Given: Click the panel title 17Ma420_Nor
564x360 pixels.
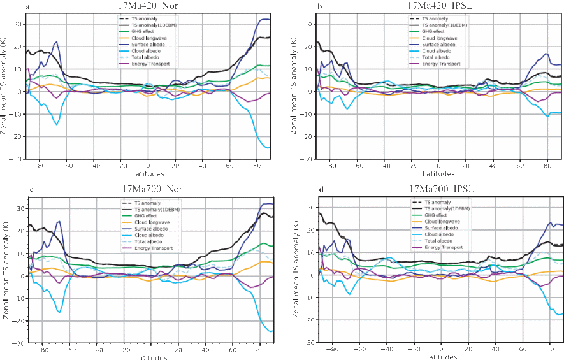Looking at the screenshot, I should tap(148, 6).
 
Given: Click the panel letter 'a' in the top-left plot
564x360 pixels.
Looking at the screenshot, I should tap(27, 6).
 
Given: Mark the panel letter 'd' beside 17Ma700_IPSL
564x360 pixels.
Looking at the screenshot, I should tap(321, 190).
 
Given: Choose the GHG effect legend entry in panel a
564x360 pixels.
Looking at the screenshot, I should tap(147, 31).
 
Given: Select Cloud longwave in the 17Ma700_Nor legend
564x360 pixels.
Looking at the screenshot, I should tap(150, 222).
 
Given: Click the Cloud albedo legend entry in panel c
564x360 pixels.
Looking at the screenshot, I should tap(148, 234).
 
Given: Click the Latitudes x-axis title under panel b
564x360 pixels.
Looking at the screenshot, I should tap(438, 174).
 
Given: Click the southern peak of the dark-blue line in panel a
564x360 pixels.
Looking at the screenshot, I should tap(57, 42).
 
